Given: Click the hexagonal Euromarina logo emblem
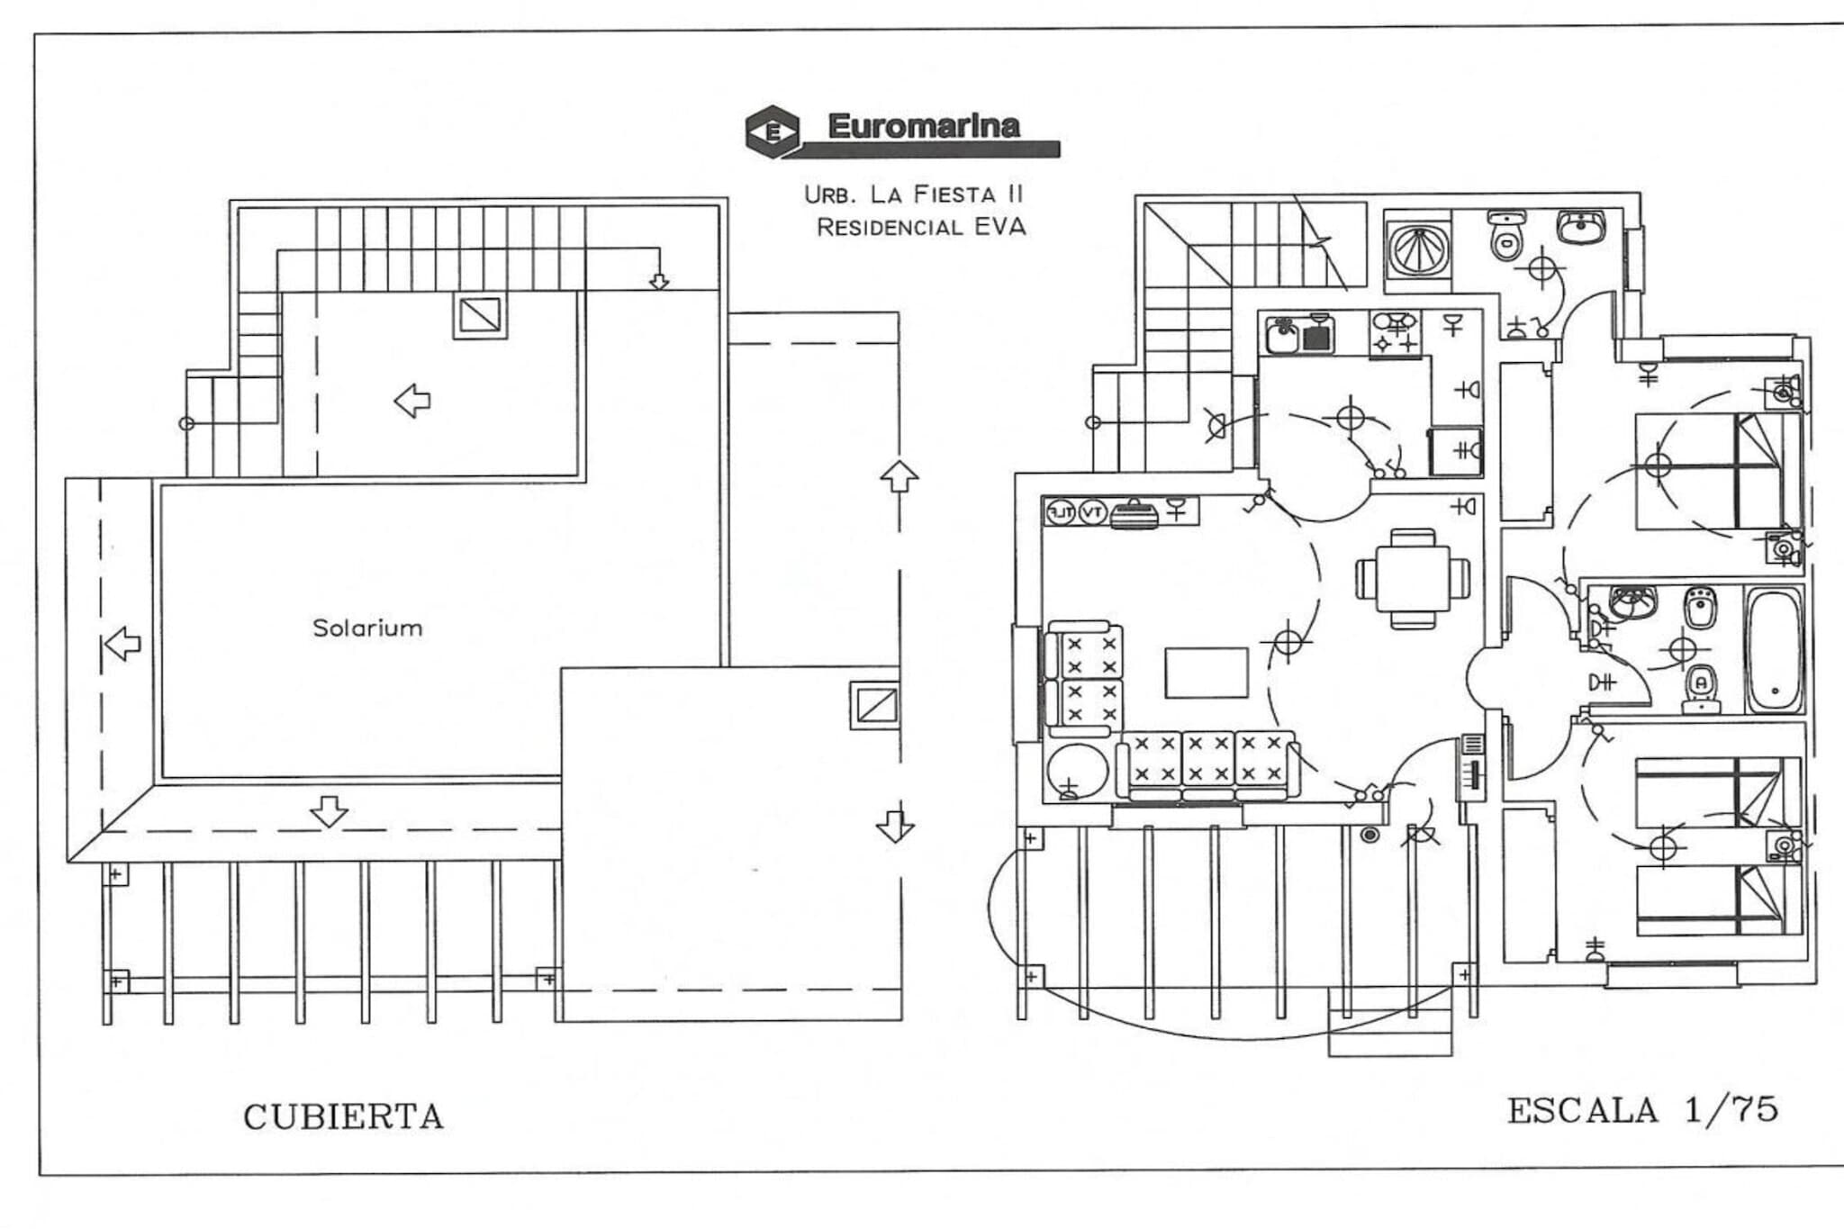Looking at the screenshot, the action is click(x=773, y=131).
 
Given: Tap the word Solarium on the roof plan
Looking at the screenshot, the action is click(x=367, y=628).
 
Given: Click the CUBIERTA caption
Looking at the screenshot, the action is click(x=343, y=1117).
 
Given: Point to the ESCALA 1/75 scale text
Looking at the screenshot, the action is click(x=1642, y=1110).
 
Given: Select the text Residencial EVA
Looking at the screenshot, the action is click(x=920, y=227).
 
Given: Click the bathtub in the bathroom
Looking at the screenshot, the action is click(x=1774, y=650).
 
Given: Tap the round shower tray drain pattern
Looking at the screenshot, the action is click(x=1418, y=249).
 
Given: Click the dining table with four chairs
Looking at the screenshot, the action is click(x=1413, y=578).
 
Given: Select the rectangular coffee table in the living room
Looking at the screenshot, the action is click(x=1207, y=673).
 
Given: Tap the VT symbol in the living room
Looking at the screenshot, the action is click(x=1092, y=512).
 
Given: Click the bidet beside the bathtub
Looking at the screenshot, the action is click(x=1701, y=609).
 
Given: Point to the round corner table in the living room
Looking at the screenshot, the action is click(x=1078, y=772).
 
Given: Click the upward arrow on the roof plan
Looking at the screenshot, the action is click(x=899, y=476).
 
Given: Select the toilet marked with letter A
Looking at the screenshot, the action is click(x=1701, y=686).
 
